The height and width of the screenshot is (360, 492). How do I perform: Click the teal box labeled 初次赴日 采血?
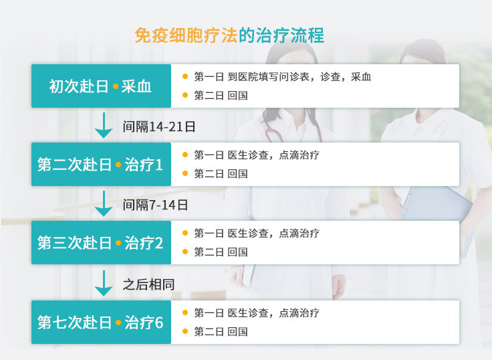point(101,86)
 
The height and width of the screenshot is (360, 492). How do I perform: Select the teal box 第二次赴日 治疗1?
point(101,165)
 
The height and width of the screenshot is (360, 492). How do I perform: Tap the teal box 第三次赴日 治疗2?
point(101,242)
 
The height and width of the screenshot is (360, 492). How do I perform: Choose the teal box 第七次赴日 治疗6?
point(101,322)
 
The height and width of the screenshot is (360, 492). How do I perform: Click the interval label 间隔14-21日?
point(159,126)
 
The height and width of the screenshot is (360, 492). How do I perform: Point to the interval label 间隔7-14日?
point(155,205)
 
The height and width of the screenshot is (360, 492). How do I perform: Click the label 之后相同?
point(148,284)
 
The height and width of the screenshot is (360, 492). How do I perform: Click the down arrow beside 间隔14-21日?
point(104,125)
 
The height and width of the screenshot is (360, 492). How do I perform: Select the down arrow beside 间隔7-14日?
point(104,203)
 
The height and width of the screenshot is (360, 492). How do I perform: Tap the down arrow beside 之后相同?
point(104,283)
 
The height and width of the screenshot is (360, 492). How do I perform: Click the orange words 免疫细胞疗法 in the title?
point(186,35)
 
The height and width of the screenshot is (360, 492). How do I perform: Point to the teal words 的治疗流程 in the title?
point(281,35)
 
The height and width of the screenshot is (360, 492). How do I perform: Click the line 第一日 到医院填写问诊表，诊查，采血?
point(283,77)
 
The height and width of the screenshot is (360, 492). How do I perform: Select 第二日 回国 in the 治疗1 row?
point(221,174)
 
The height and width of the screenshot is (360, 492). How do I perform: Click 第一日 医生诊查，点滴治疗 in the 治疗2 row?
point(257,233)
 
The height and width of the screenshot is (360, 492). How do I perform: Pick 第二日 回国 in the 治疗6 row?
point(221,332)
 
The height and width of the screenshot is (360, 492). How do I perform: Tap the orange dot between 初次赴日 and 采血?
point(116,86)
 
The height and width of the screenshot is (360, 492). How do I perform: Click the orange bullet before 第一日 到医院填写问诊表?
point(185,76)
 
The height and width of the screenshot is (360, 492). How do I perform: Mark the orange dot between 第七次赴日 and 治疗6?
point(118,323)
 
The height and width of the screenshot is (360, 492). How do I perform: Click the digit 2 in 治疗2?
point(159,243)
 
